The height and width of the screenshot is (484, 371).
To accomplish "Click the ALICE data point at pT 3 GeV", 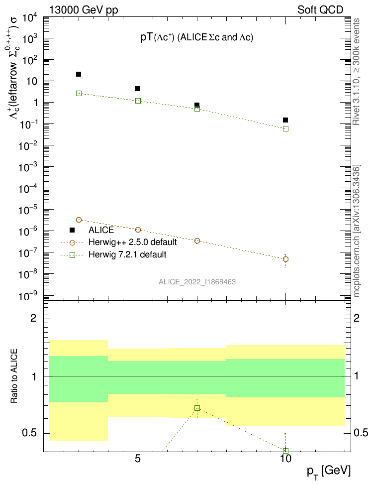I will point(79,74).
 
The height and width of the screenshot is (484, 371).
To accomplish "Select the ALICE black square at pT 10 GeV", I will point(285,120).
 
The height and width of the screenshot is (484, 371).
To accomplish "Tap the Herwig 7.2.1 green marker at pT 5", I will point(138,101).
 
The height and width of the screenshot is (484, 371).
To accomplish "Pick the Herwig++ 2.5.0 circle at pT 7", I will point(197,241).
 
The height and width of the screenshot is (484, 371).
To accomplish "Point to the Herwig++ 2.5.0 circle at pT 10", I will point(285,259).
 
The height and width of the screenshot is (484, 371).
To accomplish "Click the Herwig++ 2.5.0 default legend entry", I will point(133,242).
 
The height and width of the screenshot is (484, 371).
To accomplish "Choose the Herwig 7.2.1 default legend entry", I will point(127,254).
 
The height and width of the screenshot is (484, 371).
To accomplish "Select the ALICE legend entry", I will point(101,230).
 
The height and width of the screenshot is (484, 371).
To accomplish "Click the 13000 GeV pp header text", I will point(84,9).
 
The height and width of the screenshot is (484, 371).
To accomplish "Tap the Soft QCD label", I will point(320,9).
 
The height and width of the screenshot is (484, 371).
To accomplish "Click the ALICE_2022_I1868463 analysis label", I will point(197,282).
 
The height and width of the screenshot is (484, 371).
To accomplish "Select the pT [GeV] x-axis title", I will point(329,470).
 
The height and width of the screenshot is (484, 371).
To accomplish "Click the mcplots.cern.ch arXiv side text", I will point(357,231).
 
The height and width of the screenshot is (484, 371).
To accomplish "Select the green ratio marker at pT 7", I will point(197,408).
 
